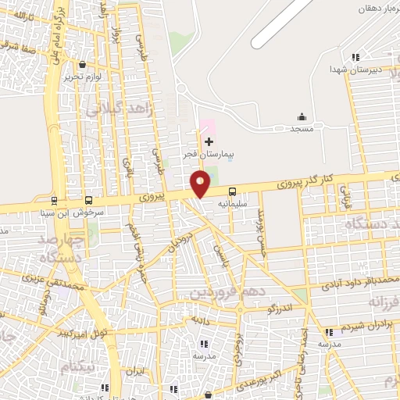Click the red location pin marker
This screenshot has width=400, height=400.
pos(200,184)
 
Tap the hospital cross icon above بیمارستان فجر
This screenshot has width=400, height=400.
pos(209,141)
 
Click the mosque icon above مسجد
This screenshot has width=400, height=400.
pos(302,116)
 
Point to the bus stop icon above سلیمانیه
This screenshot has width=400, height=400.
pos(232,191)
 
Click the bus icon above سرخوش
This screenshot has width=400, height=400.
pos(88,199)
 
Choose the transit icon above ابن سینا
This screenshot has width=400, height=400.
pos(54,199)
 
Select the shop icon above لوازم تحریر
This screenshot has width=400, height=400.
pos(82,65)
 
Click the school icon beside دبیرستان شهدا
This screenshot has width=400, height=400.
pos(355,56)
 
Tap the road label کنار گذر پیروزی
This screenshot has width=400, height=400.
pos(305,183)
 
